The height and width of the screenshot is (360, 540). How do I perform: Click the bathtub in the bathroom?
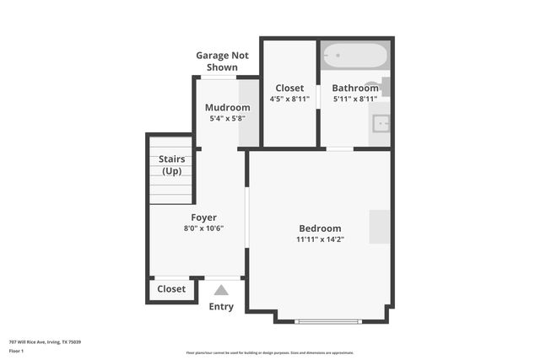[x=354, y=56]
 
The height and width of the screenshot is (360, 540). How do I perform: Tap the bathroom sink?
[x=381, y=123]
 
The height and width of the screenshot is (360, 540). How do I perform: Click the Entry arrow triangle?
[x=221, y=290]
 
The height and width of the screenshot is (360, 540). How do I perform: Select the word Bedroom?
[x=320, y=228]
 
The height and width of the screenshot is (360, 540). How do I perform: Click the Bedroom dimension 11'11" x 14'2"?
[x=320, y=239]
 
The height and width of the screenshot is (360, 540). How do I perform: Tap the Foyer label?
[x=203, y=218]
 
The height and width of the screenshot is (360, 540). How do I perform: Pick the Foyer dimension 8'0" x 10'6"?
[x=203, y=228]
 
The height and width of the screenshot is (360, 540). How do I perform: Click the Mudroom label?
[x=228, y=108]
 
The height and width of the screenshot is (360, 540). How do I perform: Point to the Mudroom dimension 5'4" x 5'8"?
[x=228, y=119]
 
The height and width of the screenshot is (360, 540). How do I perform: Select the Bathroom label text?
[x=354, y=88]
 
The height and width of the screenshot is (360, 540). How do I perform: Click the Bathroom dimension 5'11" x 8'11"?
[x=355, y=99]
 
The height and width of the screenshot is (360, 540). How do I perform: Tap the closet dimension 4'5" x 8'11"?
[x=289, y=99]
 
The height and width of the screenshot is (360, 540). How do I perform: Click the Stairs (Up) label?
[x=171, y=165]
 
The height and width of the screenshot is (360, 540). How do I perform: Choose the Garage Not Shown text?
[x=217, y=62]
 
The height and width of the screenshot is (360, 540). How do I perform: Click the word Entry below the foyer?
[x=221, y=307]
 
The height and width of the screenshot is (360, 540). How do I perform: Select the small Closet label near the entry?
[x=171, y=289]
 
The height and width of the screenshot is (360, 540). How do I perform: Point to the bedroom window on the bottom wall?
[x=329, y=320]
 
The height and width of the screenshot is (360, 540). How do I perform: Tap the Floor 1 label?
[x=16, y=351]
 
